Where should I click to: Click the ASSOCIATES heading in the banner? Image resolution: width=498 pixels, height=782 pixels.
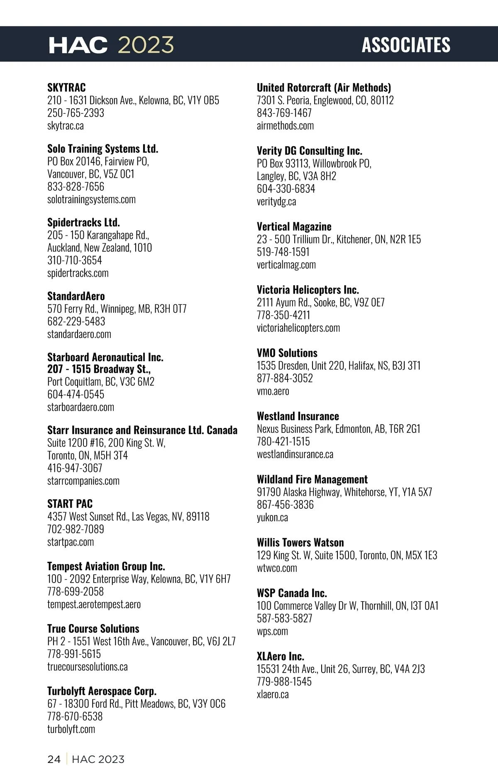click(x=406, y=45)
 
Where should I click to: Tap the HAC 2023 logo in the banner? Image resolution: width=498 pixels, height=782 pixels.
click(x=111, y=45)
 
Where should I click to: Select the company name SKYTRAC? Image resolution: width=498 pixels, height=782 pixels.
click(x=66, y=87)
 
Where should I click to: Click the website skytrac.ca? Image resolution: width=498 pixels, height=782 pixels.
click(x=66, y=126)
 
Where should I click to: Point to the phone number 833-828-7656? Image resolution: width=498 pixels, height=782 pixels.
click(x=76, y=187)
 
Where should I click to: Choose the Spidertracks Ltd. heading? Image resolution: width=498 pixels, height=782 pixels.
click(x=83, y=222)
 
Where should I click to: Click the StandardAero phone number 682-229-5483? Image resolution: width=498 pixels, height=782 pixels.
click(x=76, y=321)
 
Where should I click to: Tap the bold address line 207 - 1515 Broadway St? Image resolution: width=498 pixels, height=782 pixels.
click(x=99, y=369)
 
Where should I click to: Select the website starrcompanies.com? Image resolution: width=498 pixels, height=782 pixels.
click(x=83, y=481)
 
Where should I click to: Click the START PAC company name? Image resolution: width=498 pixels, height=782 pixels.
click(x=70, y=504)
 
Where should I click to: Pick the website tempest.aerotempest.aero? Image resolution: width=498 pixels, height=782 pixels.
click(x=94, y=604)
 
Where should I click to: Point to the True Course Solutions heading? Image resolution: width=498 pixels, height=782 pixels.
click(x=93, y=629)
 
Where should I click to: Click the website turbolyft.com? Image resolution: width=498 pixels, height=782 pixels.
click(x=71, y=729)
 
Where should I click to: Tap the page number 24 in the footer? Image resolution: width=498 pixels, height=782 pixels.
click(x=54, y=759)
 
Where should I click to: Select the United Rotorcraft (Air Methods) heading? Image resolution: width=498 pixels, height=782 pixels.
click(x=324, y=87)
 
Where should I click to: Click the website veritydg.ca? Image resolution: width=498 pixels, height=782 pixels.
click(x=276, y=202)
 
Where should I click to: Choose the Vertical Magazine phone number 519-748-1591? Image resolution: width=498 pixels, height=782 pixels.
click(x=283, y=252)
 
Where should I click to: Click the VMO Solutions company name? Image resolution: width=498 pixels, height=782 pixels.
click(x=287, y=353)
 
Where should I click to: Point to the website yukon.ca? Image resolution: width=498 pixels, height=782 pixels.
click(x=272, y=517)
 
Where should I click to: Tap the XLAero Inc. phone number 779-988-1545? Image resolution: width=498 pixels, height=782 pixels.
click(x=284, y=682)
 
